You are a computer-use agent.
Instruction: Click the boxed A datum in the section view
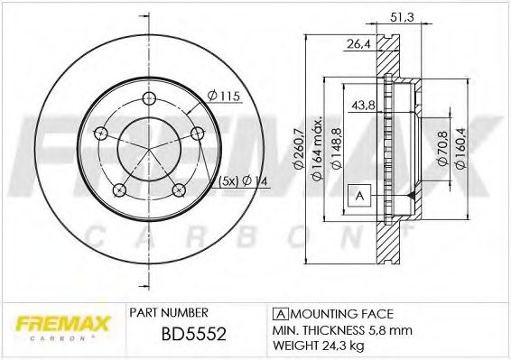tap(358, 195)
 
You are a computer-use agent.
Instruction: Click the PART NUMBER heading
tap(166, 312)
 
